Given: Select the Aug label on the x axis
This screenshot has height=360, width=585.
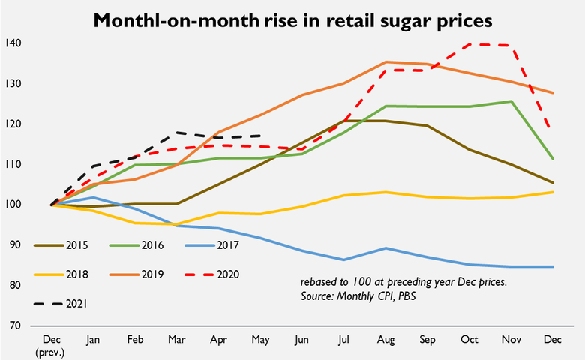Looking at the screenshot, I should point(385,339).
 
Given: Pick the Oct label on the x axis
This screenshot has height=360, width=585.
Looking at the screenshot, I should point(469,339).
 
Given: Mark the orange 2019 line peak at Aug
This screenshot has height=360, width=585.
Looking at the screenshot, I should point(385,61).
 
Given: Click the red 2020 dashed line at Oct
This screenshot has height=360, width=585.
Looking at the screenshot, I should point(469,44).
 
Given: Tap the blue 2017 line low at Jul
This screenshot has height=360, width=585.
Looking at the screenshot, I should point(344,259).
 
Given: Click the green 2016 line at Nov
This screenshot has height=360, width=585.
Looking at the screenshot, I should point(511,101).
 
